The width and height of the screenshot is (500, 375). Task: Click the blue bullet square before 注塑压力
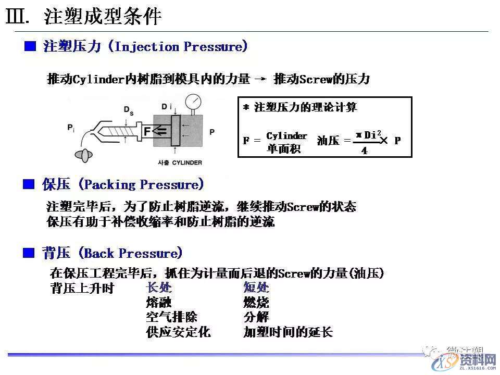pyautogui.click(x=31, y=47)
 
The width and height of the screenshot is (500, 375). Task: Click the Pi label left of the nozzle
pyautogui.click(x=71, y=127)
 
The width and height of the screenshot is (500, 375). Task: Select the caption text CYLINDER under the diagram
pyautogui.click(x=187, y=162)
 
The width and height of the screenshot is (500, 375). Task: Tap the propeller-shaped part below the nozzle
pyautogui.click(x=83, y=155)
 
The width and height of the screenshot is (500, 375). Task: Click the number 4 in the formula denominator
pyautogui.click(x=364, y=150)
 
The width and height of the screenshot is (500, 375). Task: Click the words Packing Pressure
pyautogui.click(x=141, y=184)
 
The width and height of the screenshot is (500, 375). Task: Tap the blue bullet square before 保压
pyautogui.click(x=31, y=184)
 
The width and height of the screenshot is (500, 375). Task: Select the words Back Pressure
pyautogui.click(x=133, y=254)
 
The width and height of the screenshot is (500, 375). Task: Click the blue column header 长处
pyautogui.click(x=159, y=288)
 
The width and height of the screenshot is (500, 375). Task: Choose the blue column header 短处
pyautogui.click(x=256, y=288)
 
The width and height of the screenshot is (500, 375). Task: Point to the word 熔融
pyautogui.click(x=159, y=303)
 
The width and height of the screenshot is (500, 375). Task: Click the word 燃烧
pyautogui.click(x=256, y=303)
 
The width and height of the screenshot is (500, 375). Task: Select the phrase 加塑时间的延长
pyautogui.click(x=288, y=332)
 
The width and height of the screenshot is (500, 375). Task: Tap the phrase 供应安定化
pyautogui.click(x=178, y=332)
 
